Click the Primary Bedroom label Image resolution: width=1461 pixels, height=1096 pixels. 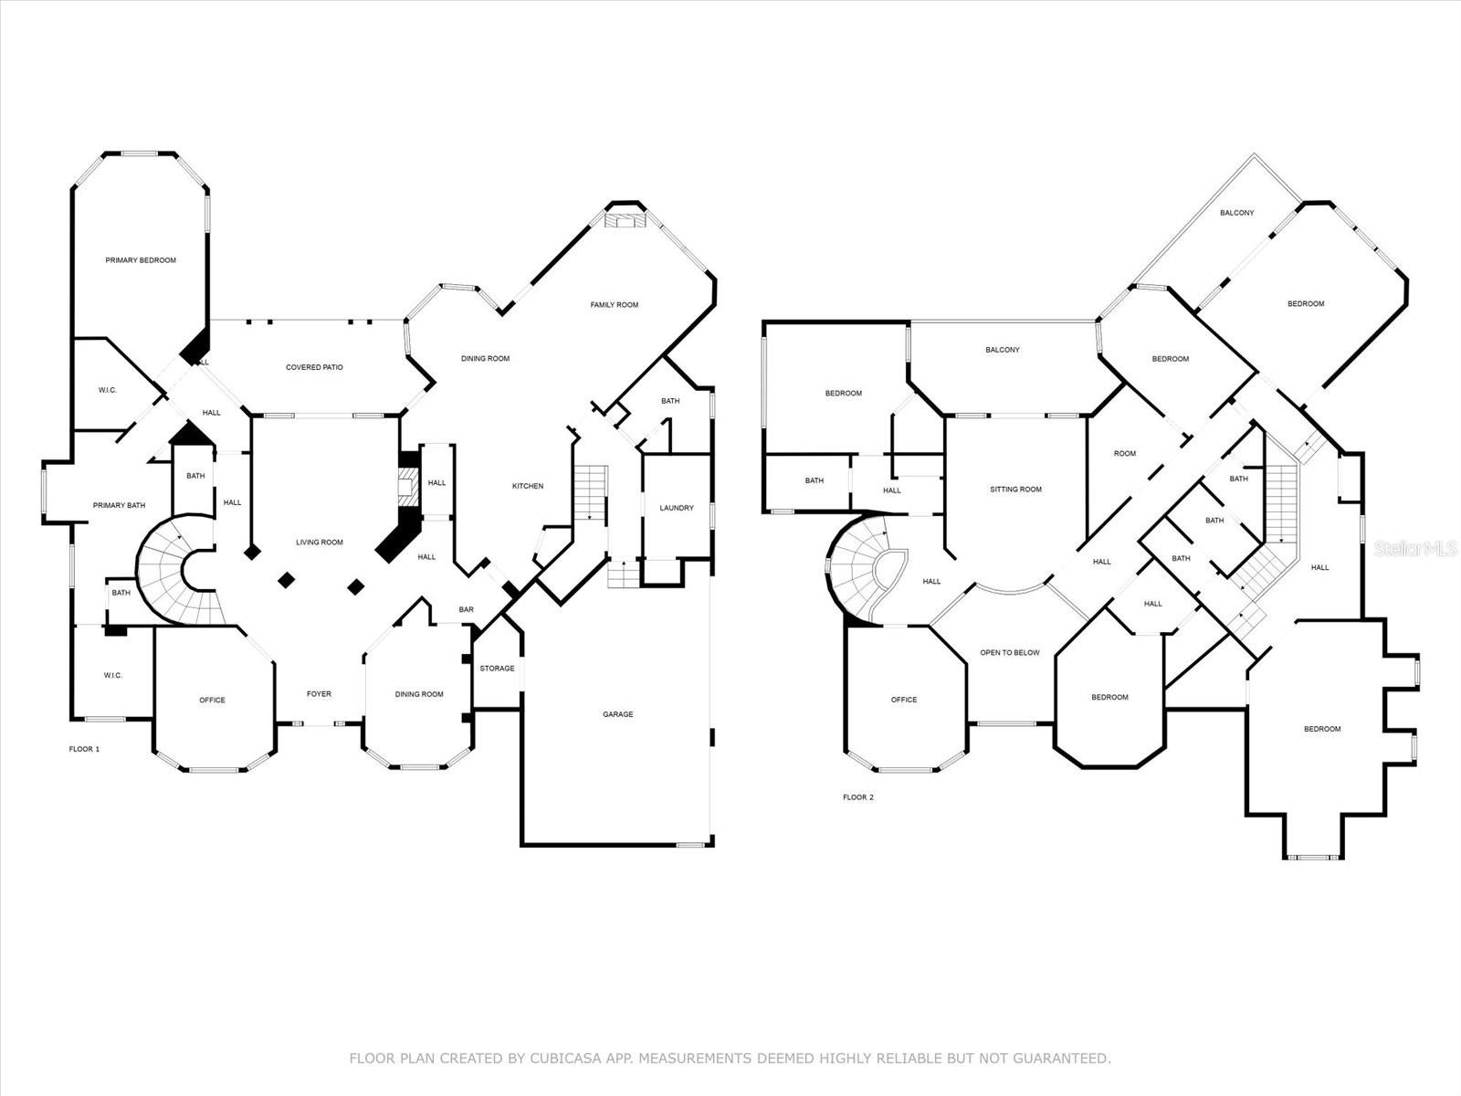pyautogui.click(x=141, y=260)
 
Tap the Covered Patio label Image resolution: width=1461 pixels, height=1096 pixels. pyautogui.click(x=314, y=367)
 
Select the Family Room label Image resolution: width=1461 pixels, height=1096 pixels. pyautogui.click(x=615, y=305)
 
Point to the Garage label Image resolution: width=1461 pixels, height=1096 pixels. pyautogui.click(x=618, y=714)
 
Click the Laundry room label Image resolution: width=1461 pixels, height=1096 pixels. pyautogui.click(x=677, y=508)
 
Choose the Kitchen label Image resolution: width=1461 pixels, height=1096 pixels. pyautogui.click(x=528, y=486)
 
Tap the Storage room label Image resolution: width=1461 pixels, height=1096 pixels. pyautogui.click(x=498, y=669)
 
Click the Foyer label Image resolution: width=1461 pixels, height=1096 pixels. pyautogui.click(x=319, y=694)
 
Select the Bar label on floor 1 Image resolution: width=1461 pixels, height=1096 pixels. pyautogui.click(x=466, y=609)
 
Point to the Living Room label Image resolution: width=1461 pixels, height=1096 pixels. pyautogui.click(x=320, y=543)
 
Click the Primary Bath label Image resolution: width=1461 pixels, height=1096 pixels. pyautogui.click(x=119, y=505)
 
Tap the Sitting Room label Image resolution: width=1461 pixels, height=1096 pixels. pyautogui.click(x=1016, y=490)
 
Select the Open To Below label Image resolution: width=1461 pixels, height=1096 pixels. pyautogui.click(x=1010, y=653)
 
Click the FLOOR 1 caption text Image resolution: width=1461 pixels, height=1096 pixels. pyautogui.click(x=85, y=749)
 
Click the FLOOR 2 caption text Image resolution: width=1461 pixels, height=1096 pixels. pyautogui.click(x=858, y=797)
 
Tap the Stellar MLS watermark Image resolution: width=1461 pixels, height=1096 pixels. pyautogui.click(x=1415, y=548)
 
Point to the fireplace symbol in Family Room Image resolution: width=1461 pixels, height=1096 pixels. pyautogui.click(x=625, y=220)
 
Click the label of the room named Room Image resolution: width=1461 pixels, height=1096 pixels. pyautogui.click(x=1125, y=454)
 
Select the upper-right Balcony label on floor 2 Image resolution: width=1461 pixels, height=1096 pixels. pyautogui.click(x=1237, y=213)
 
